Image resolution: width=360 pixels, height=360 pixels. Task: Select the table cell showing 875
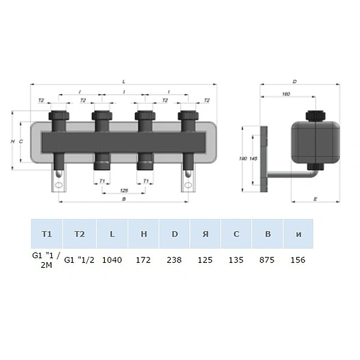pos(267,260)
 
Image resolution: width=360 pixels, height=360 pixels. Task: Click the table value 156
pos(298,260)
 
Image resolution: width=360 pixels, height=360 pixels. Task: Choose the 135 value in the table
pos(235,260)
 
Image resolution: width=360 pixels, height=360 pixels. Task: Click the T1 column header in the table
pos(47,233)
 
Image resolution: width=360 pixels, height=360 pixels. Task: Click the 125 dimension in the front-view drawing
pos(125,191)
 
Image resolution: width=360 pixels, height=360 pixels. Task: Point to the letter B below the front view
pos(125,201)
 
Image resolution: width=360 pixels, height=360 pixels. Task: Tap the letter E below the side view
pos(313,201)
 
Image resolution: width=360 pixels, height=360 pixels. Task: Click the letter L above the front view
pos(125,80)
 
